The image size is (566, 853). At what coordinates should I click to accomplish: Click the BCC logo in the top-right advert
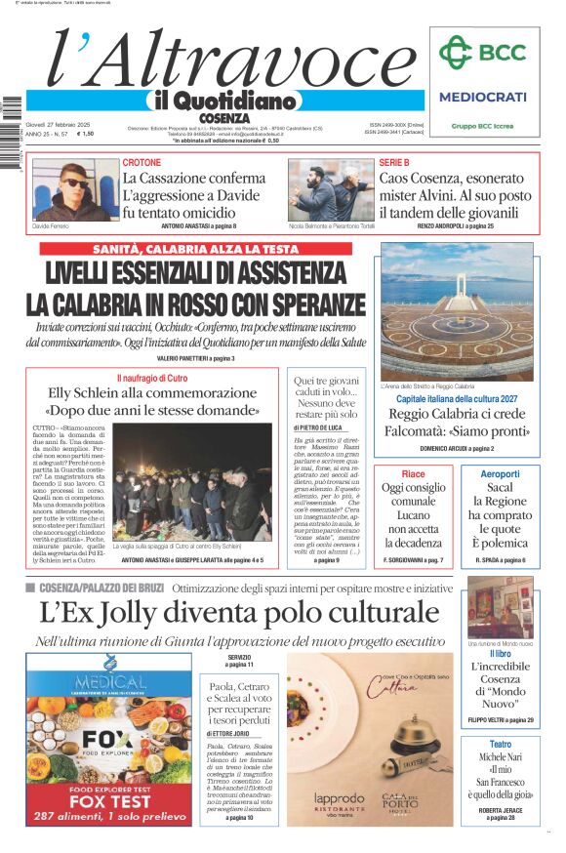click(483, 53)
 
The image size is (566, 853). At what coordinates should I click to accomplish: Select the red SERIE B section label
click(394, 162)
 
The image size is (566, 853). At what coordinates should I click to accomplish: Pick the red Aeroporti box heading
click(500, 473)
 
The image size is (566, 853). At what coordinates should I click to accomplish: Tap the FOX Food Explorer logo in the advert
click(109, 739)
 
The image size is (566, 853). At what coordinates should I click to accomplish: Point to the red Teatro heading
click(500, 745)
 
